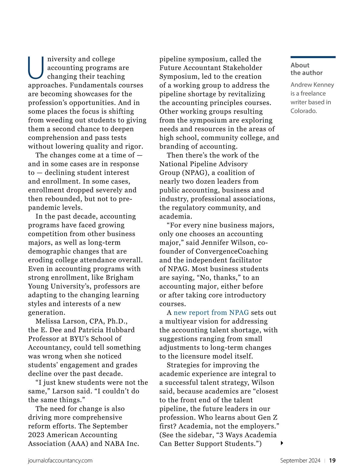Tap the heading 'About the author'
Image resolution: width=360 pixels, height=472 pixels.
(306, 69)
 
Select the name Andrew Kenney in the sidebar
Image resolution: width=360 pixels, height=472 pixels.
(312, 85)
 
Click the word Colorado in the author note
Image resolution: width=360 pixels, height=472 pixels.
(303, 111)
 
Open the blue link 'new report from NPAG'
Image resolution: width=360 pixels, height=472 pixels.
(211, 313)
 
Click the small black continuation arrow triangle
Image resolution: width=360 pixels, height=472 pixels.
(282, 443)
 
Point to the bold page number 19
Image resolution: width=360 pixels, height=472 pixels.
(332, 461)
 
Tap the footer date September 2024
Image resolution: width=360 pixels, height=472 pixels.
(300, 461)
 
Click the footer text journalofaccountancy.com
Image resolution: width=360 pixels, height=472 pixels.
(60, 461)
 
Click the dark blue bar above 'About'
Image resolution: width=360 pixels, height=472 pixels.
(313, 57)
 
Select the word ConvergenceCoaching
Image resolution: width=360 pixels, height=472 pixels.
(232, 251)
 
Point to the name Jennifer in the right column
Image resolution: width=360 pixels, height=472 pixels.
(216, 243)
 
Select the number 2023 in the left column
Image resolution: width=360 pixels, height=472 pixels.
(36, 435)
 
